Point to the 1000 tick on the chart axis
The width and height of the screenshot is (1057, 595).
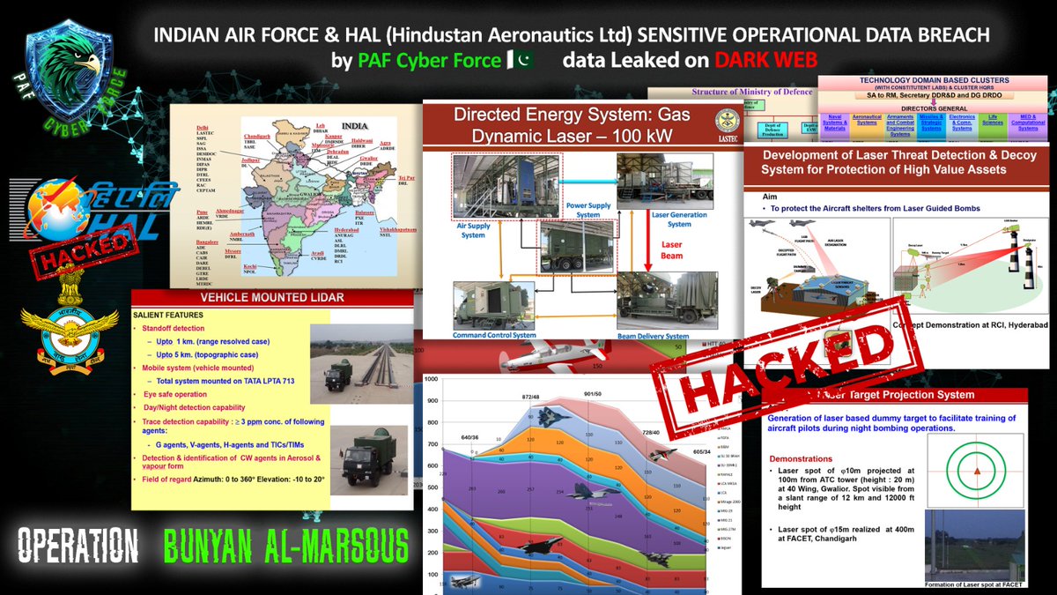[432, 380]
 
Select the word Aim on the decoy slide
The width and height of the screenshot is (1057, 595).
[759, 198]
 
